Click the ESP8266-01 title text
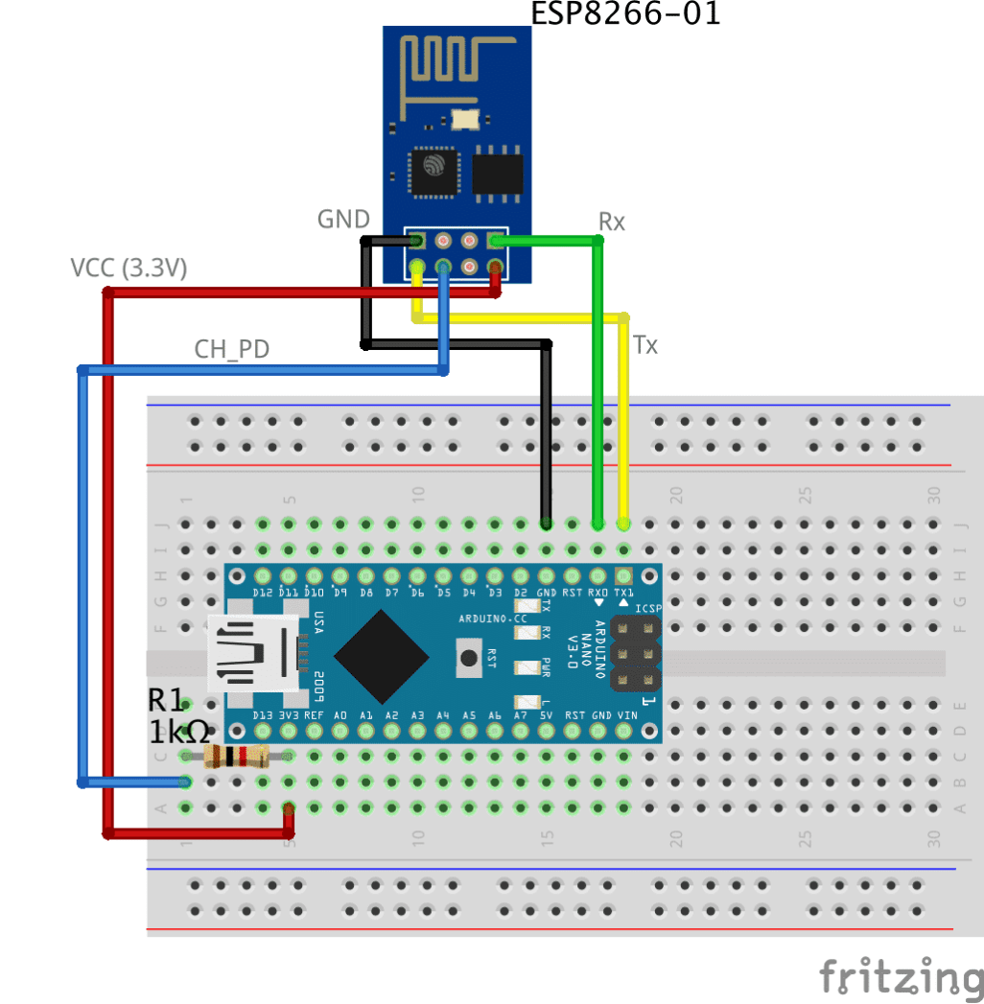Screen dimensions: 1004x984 pos(625,13)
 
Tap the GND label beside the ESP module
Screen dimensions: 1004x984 pos(343,220)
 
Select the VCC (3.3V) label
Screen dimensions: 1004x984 pos(129,269)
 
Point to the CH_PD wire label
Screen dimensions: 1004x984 pos(231,349)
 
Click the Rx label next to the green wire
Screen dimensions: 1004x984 pos(612,222)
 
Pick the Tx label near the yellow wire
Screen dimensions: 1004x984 pos(645,345)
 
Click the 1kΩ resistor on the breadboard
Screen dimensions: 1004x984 pos(236,757)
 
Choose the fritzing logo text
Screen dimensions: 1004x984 pos(901,976)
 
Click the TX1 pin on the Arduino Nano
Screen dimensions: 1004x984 pos(623,576)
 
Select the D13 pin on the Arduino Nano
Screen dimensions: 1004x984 pos(262,731)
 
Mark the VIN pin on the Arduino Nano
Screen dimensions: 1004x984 pos(625,731)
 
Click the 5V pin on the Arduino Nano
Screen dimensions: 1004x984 pos(547,731)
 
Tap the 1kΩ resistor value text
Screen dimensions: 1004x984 pos(179,733)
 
